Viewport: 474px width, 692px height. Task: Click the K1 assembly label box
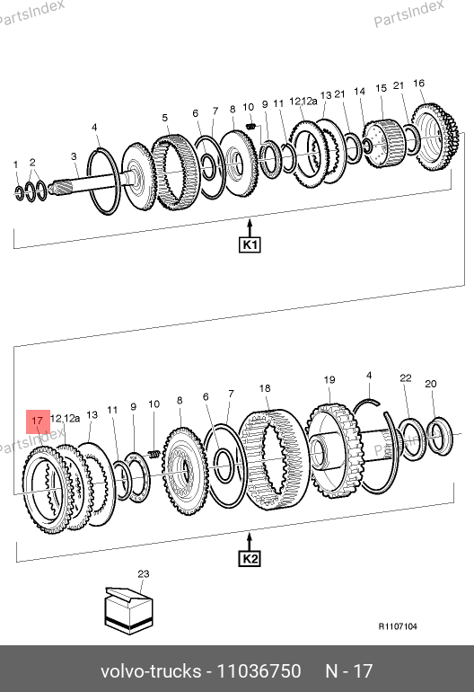click(250, 244)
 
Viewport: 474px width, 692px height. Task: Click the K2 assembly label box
click(250, 559)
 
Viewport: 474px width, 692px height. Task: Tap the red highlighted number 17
click(38, 421)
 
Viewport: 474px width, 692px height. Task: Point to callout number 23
click(144, 573)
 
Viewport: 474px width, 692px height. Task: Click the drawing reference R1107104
click(398, 626)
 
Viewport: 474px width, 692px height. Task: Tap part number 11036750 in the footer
click(259, 670)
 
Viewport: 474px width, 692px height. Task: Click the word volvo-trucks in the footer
click(151, 670)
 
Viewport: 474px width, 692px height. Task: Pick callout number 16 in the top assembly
click(419, 83)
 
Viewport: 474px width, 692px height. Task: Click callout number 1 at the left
click(16, 164)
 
